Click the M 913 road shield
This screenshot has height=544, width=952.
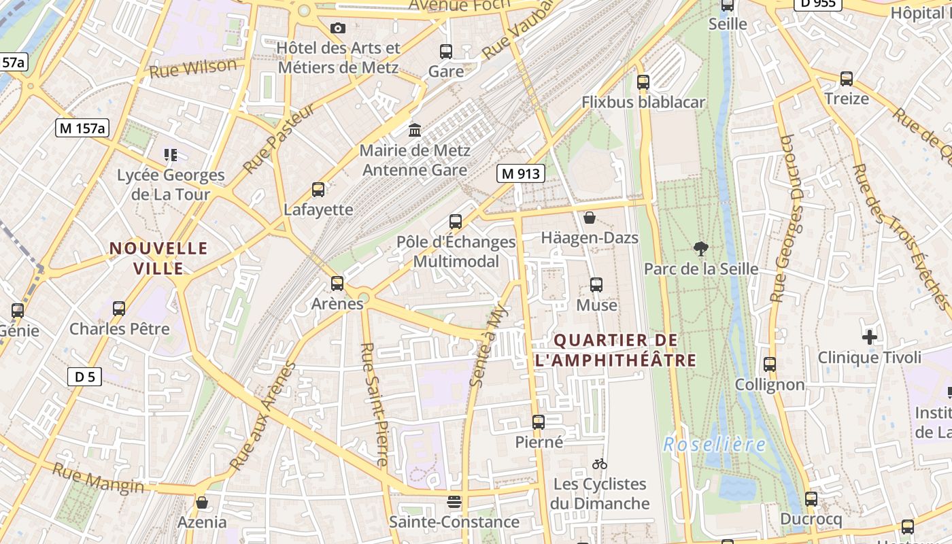click(x=520, y=173)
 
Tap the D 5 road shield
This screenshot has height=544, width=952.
click(x=85, y=376)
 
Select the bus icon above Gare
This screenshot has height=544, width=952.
click(x=446, y=52)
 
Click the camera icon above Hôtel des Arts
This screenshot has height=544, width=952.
click(x=338, y=28)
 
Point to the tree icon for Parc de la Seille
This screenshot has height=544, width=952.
click(x=700, y=249)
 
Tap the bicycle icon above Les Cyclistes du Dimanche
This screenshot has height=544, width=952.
click(x=599, y=464)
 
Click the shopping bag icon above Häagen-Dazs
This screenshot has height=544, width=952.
click(x=590, y=218)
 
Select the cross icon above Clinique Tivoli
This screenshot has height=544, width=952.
click(x=869, y=337)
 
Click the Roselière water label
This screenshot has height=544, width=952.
click(x=714, y=445)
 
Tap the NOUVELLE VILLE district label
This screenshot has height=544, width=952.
click(x=158, y=258)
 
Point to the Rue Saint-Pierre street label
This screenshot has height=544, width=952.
click(x=375, y=404)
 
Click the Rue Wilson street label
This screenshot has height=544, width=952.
click(x=193, y=68)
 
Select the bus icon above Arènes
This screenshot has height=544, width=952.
click(x=337, y=284)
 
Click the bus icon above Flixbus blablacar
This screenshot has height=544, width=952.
click(x=643, y=82)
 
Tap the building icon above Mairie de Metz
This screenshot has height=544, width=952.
click(x=415, y=130)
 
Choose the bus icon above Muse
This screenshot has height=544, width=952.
click(x=596, y=285)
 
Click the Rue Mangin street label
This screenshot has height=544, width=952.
click(x=99, y=477)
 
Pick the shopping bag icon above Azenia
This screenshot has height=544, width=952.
click(x=202, y=503)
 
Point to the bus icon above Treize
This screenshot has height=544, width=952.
click(x=847, y=79)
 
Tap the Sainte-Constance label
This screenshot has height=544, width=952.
click(x=454, y=522)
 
